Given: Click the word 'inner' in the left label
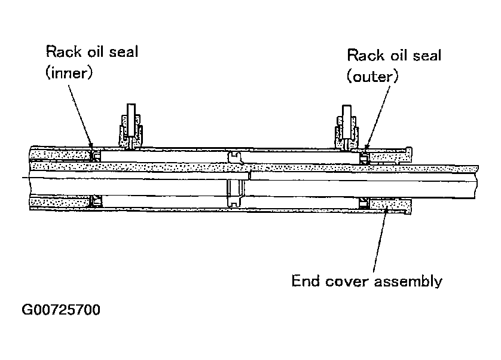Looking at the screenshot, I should pos(72,73).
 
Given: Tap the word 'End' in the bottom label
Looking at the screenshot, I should pos(303,281).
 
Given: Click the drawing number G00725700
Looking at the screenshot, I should pos(61,310).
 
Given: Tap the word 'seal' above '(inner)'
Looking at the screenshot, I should pos(121,51).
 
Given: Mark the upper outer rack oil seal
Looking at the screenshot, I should pos(364,157).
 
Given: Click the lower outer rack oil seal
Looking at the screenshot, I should pos(364,203).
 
